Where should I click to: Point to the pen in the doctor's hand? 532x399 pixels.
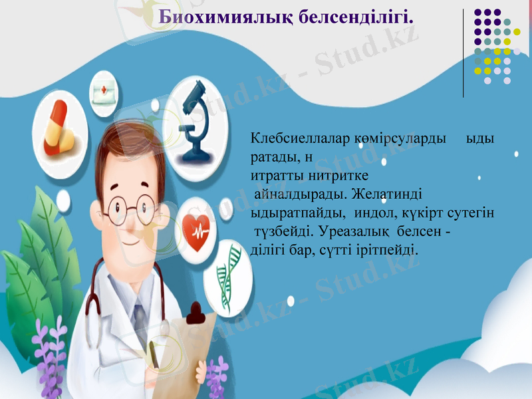(x=155, y=352)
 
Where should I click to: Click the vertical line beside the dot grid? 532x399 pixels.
(x=464, y=53)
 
